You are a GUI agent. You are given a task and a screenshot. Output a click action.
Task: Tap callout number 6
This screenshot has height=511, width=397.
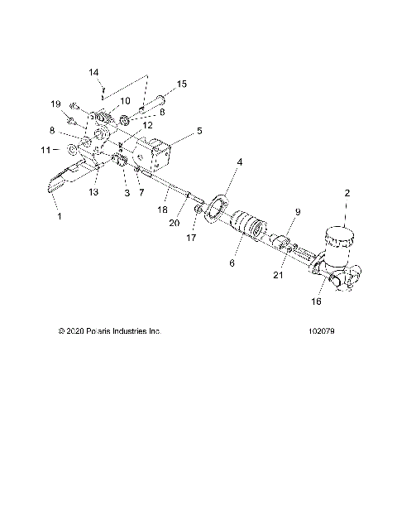232,263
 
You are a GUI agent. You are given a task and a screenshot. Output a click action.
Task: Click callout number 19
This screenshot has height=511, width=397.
57,104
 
